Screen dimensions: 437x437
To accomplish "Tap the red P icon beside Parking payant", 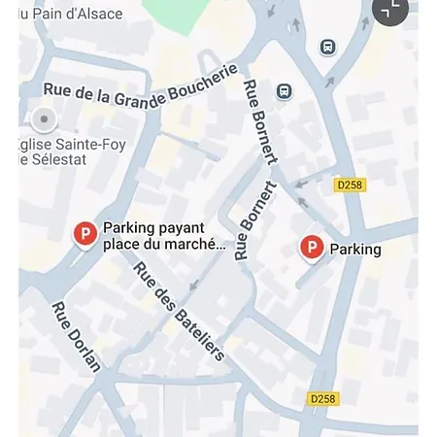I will point(85,233).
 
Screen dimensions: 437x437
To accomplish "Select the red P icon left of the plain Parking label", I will point(311,248).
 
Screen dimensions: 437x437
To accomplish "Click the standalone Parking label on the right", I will point(355,250).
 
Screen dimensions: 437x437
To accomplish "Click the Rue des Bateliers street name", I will point(179,311).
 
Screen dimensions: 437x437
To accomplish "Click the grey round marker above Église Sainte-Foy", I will point(43,120).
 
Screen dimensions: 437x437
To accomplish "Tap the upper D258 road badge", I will point(351,185).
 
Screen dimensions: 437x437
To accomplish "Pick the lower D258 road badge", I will point(323,398).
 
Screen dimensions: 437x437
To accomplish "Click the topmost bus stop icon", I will point(327,47).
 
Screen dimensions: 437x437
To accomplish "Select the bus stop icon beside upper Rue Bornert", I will point(284,91).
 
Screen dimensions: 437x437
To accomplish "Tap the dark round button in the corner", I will point(391,10).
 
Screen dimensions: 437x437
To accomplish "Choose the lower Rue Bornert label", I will point(255,219).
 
